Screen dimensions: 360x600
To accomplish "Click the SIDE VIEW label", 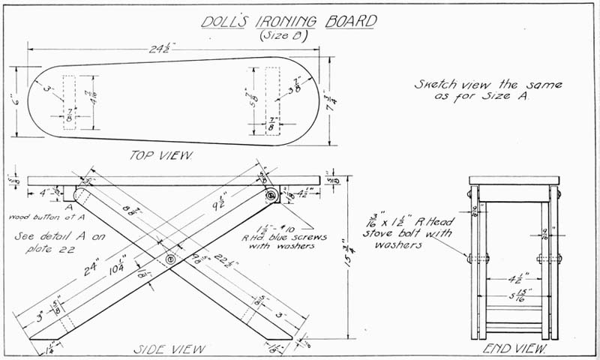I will click(x=164, y=349).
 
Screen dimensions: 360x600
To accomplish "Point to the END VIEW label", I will click(x=514, y=349).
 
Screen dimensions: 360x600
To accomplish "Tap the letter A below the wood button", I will click(x=68, y=207).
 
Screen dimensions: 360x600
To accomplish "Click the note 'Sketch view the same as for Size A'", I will click(x=488, y=91).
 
